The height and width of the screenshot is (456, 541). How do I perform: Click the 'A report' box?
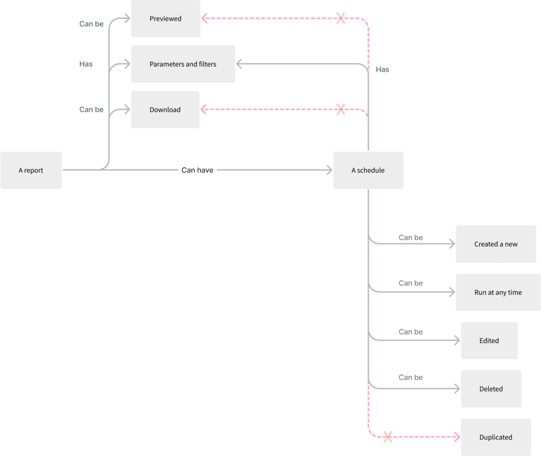(x=31, y=170)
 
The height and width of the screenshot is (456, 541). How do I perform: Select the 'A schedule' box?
(x=368, y=170)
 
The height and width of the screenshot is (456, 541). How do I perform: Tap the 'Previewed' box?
(x=165, y=18)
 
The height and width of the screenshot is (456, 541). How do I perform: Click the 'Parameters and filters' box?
(x=183, y=64)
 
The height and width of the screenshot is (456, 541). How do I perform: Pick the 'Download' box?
(x=165, y=110)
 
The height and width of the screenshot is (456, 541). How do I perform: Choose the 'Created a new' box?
(x=496, y=244)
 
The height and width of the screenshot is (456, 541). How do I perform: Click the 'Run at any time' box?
(x=498, y=292)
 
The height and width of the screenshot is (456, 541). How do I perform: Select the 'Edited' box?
(x=489, y=340)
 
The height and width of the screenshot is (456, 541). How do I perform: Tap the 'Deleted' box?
(x=491, y=388)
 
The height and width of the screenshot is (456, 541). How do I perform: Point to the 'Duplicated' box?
(x=496, y=437)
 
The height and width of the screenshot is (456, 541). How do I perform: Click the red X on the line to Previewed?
(x=341, y=18)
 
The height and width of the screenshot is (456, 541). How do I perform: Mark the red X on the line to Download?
(x=341, y=110)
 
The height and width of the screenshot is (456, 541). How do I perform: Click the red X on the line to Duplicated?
(x=387, y=437)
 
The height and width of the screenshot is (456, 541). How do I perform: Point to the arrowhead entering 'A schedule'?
(x=329, y=170)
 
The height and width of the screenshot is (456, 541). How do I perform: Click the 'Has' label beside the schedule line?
(x=383, y=69)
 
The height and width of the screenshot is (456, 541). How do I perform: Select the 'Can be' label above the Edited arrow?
(x=411, y=331)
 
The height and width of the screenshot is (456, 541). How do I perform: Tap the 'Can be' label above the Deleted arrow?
(x=411, y=377)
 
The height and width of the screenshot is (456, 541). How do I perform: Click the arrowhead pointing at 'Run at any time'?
(x=452, y=292)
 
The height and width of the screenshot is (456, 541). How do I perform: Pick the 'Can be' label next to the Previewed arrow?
(x=91, y=24)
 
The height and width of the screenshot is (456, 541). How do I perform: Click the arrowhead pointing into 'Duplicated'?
(x=457, y=437)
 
